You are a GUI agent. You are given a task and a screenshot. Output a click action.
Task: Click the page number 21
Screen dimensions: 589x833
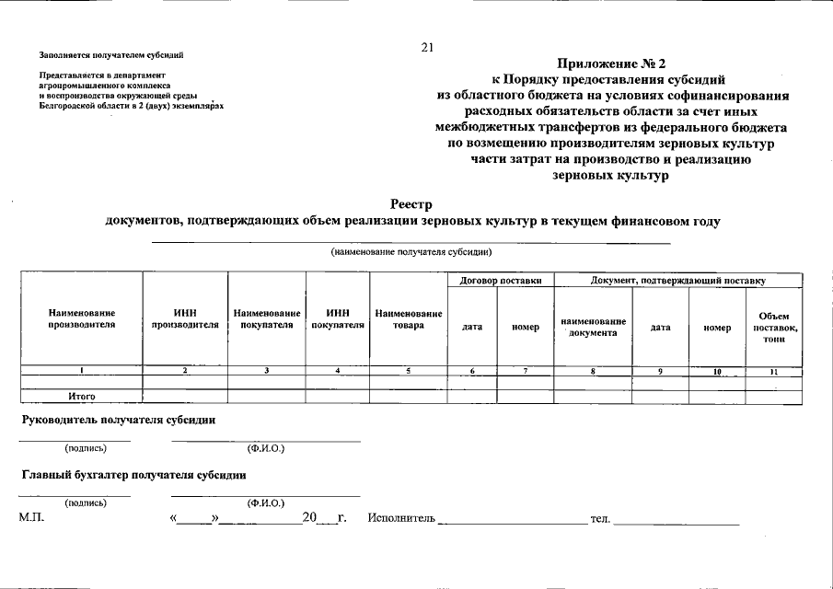point(427,48)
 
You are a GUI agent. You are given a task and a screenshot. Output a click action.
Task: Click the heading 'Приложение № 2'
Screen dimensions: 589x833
point(611,64)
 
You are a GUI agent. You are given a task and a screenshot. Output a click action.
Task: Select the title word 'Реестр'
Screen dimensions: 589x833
point(411,204)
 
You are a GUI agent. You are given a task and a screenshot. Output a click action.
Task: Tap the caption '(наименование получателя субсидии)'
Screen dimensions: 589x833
point(411,251)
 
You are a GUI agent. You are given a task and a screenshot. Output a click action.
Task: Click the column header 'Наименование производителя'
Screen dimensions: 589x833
point(82,318)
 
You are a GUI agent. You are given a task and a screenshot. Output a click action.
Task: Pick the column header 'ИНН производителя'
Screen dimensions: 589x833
point(185,318)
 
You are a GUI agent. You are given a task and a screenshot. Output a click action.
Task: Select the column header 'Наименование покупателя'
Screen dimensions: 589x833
point(267,318)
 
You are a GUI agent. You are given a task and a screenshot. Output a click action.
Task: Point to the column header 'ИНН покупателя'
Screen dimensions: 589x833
point(338,318)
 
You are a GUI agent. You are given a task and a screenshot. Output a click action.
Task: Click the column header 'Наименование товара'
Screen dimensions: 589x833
point(409,318)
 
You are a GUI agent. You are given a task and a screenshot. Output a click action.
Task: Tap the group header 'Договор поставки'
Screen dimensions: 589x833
point(500,280)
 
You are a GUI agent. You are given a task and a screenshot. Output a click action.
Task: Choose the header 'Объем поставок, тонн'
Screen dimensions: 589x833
point(773,328)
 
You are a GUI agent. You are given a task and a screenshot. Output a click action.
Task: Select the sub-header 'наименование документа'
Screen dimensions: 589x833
point(593,327)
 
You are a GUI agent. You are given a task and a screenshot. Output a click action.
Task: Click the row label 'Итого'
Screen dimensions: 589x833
point(82,397)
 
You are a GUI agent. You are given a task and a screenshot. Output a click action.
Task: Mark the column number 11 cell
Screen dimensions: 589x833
point(773,371)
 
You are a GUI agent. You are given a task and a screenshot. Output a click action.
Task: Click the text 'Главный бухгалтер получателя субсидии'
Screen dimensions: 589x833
point(133,475)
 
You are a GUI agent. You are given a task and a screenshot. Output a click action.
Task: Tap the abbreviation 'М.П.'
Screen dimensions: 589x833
point(32,519)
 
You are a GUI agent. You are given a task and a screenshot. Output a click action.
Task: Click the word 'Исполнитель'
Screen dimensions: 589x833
point(400,519)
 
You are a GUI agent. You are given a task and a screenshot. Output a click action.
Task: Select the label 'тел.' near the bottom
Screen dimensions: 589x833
point(599,520)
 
